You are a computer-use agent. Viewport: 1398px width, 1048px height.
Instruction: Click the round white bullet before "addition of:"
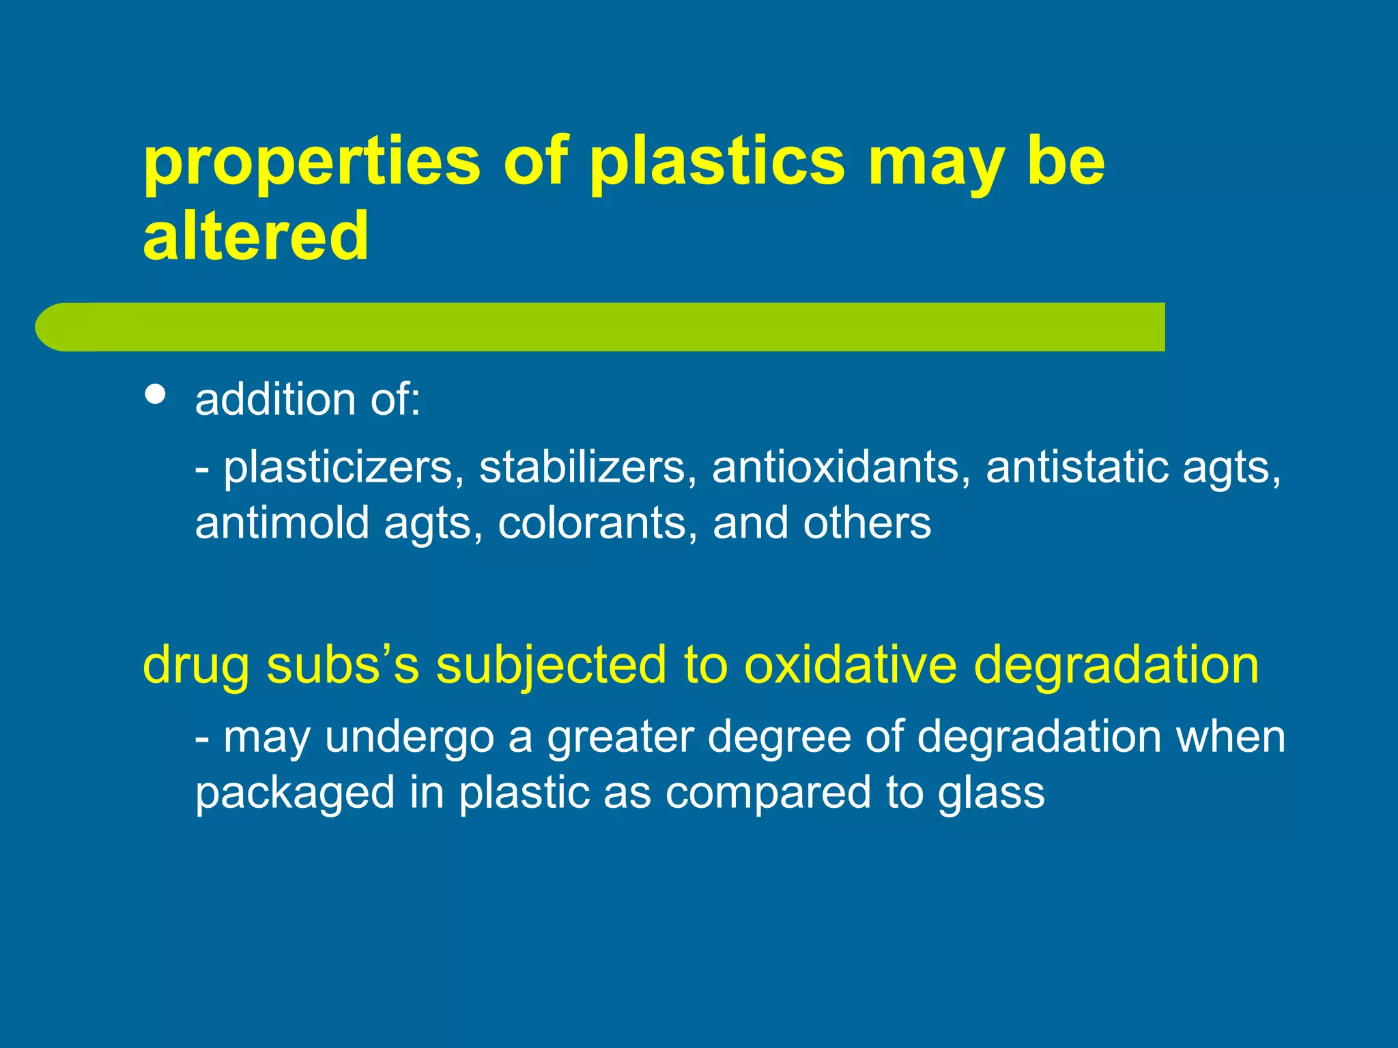tap(156, 395)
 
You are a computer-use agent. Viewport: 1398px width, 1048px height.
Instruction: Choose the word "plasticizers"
tap(339, 468)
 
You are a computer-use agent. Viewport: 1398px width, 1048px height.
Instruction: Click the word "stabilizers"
tap(582, 468)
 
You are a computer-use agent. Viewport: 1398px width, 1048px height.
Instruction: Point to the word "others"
tap(867, 523)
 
